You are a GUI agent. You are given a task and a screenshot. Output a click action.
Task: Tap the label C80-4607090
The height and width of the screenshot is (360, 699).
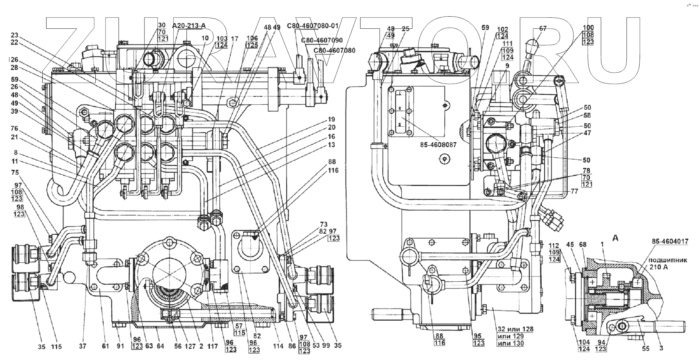click(x=322, y=40)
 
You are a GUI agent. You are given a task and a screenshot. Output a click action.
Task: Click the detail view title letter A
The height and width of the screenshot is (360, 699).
click(x=615, y=238)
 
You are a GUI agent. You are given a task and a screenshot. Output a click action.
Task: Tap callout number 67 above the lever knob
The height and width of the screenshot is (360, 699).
click(x=543, y=29)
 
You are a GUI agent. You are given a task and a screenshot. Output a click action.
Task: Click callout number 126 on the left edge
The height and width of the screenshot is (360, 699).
click(x=14, y=59)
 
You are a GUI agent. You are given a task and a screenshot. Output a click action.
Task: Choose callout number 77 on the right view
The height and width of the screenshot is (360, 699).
click(x=575, y=191)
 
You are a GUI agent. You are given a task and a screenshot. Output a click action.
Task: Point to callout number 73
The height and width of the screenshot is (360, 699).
click(x=323, y=225)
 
